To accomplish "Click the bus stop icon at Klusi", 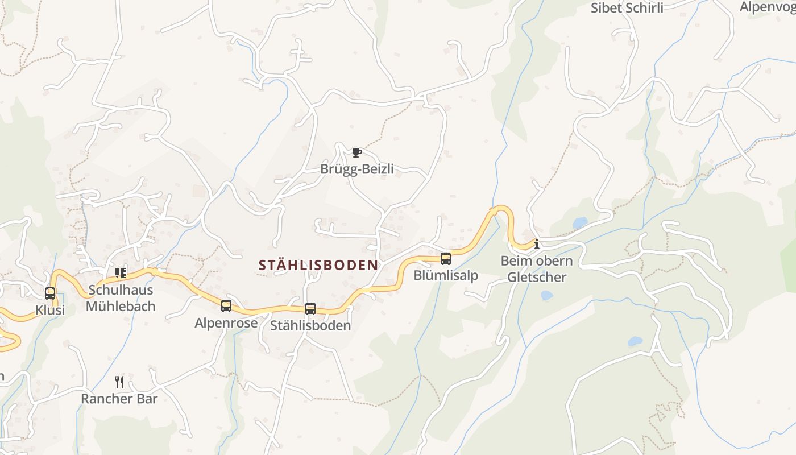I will point(50,293).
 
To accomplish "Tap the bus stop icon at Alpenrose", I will point(226,306).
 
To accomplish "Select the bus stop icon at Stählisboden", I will point(310,309).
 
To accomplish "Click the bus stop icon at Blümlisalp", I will point(446,259).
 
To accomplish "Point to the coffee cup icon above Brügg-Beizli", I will point(356,152).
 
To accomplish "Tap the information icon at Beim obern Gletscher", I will point(536,245).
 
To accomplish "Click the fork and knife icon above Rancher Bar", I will point(119,382).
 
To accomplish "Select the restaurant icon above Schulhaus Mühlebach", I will point(121,273).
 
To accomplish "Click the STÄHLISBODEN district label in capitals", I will point(318,265).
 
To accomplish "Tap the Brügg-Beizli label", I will point(357,169).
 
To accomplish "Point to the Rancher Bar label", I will point(119,399).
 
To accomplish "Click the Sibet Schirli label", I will point(627,8).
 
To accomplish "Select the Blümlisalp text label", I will point(446,276).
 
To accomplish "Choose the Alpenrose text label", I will point(226,323).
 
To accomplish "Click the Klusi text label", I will point(50,311).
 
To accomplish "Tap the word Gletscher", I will point(537,278).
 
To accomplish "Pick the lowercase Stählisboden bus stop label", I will point(310,326).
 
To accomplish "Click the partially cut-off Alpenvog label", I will point(768,7).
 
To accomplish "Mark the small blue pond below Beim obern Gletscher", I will point(546,296).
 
